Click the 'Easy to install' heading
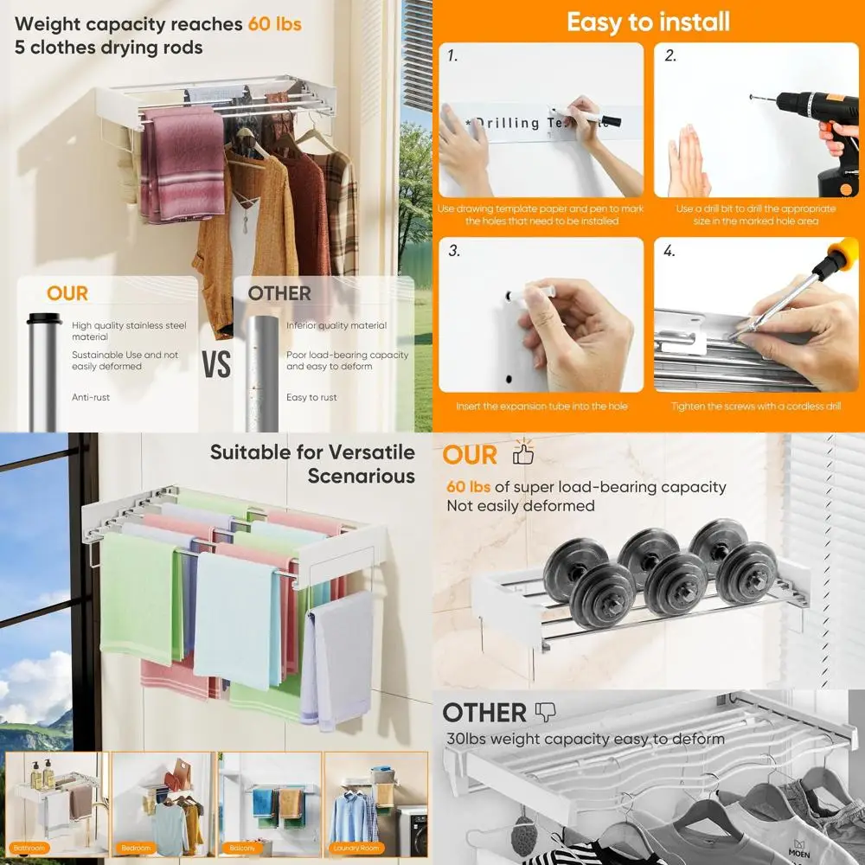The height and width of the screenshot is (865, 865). point(648,22)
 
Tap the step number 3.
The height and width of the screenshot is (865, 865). point(453,252)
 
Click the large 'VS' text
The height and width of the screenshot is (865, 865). point(216,364)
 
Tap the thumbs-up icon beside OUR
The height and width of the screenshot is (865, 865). point(523,452)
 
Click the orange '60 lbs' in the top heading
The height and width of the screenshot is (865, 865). point(274,23)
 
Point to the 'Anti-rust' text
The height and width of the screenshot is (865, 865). point(91,398)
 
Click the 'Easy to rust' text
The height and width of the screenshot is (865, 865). point(311,398)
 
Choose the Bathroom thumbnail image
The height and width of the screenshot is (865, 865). point(56,804)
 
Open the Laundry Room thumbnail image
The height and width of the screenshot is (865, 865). point(376,804)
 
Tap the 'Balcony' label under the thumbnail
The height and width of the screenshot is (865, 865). point(245,849)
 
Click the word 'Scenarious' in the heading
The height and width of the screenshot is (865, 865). point(361,477)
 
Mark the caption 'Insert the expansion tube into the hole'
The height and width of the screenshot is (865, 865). point(541,407)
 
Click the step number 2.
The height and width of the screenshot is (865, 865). point(670,56)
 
